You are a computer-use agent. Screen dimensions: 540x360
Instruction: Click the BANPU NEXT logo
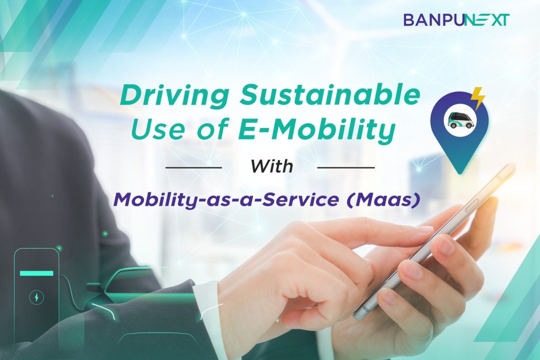(456, 20)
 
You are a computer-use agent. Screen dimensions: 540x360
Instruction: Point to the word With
(272, 166)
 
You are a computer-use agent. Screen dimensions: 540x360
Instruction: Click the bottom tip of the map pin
(460, 174)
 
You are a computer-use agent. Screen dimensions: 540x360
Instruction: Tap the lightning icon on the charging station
(36, 297)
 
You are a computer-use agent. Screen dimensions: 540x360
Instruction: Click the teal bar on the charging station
(36, 273)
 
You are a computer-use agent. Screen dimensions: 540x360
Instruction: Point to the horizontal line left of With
(194, 168)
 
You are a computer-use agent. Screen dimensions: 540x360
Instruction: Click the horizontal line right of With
(346, 168)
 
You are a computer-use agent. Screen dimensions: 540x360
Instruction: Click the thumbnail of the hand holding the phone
(447, 246)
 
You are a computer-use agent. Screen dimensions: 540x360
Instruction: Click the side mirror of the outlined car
(93, 287)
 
